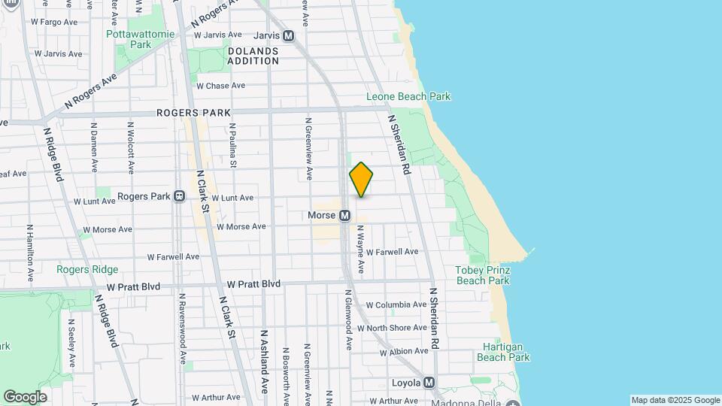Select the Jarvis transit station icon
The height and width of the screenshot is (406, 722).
289,35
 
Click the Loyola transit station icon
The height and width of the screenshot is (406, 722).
429,383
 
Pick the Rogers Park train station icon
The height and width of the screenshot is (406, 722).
180,196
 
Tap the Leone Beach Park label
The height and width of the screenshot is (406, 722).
408,97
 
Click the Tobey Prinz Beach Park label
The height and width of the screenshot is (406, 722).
483,275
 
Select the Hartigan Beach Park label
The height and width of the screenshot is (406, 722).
504,353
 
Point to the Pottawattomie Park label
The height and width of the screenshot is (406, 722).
140,39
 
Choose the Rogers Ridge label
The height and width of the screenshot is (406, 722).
81,268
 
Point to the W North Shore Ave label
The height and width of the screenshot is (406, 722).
397,328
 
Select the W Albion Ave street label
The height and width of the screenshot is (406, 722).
404,352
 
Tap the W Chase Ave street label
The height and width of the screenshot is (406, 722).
220,86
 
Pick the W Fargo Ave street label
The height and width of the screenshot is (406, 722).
53,22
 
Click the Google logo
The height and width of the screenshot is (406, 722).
25,396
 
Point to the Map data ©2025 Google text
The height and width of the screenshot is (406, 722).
675,400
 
